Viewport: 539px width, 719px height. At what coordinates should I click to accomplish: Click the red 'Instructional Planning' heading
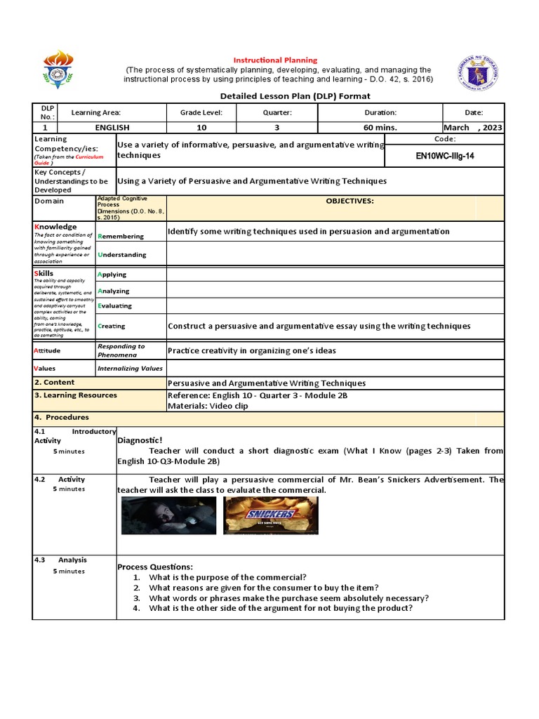click(x=275, y=60)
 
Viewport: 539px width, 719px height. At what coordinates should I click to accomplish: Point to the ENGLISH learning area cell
click(x=112, y=128)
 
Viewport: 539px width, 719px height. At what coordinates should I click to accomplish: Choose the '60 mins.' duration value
click(x=380, y=128)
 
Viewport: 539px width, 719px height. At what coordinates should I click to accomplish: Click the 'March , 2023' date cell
click(x=473, y=128)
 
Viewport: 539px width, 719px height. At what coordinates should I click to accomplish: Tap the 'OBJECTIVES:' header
click(x=350, y=201)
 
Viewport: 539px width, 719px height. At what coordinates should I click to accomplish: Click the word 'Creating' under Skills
click(x=112, y=326)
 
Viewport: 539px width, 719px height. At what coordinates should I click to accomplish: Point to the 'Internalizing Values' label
click(x=130, y=368)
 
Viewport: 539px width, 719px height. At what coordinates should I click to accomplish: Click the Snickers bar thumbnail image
click(x=270, y=516)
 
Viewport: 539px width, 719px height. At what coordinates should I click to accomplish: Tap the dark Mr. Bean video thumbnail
click(x=168, y=516)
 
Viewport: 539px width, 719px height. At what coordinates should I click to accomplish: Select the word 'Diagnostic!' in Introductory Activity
click(x=140, y=440)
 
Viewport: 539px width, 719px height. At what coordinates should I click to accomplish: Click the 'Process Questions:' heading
click(x=154, y=567)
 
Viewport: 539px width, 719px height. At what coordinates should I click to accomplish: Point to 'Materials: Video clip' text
click(x=207, y=406)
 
